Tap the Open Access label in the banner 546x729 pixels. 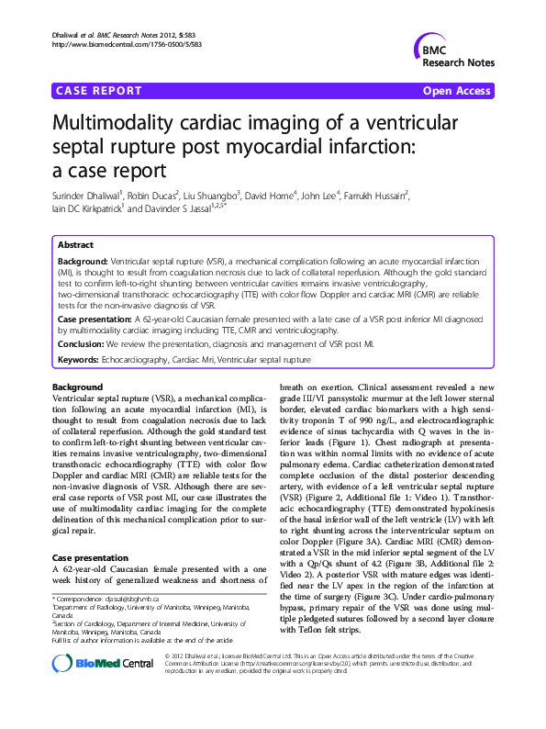[x=456, y=91]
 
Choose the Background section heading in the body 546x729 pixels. [x=78, y=387]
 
